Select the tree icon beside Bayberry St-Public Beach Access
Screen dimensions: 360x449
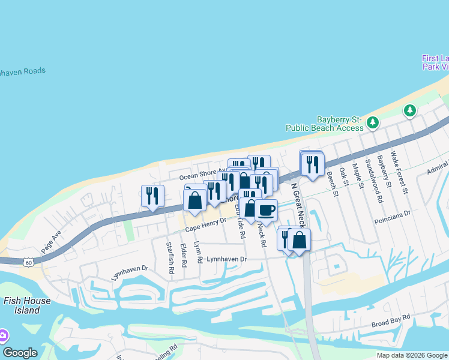373,122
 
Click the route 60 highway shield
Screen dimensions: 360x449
28,262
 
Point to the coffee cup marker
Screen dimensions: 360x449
266,210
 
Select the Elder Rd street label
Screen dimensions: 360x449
183,255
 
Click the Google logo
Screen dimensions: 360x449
20,353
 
